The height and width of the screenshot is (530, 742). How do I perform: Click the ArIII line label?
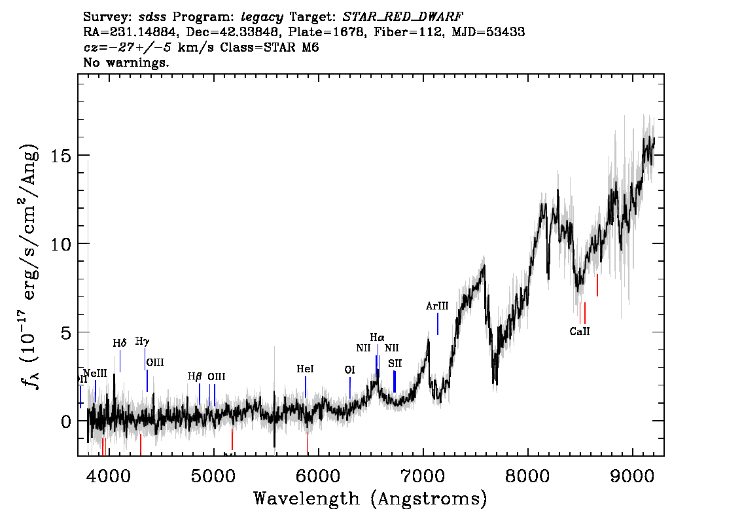437,306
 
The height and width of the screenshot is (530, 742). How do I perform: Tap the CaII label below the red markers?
580,331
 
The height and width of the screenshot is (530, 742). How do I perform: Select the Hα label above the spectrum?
378,338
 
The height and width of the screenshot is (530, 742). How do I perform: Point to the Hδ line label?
120,343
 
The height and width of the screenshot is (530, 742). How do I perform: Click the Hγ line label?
143,341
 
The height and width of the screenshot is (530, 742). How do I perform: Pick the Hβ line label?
195,376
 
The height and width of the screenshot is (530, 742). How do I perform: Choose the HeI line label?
305,369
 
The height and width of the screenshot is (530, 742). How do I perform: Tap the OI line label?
349,370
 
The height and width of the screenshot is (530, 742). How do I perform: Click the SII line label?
395,363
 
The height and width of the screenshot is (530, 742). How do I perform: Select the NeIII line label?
95,373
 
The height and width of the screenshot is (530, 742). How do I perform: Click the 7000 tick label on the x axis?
423,474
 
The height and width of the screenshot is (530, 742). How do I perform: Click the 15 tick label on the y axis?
62,156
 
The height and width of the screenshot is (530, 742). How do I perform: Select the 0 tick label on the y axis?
67,421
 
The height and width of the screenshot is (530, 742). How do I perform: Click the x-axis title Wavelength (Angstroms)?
370,499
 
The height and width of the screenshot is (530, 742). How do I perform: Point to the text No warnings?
126,63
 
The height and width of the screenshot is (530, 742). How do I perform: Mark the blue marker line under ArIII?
438,324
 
